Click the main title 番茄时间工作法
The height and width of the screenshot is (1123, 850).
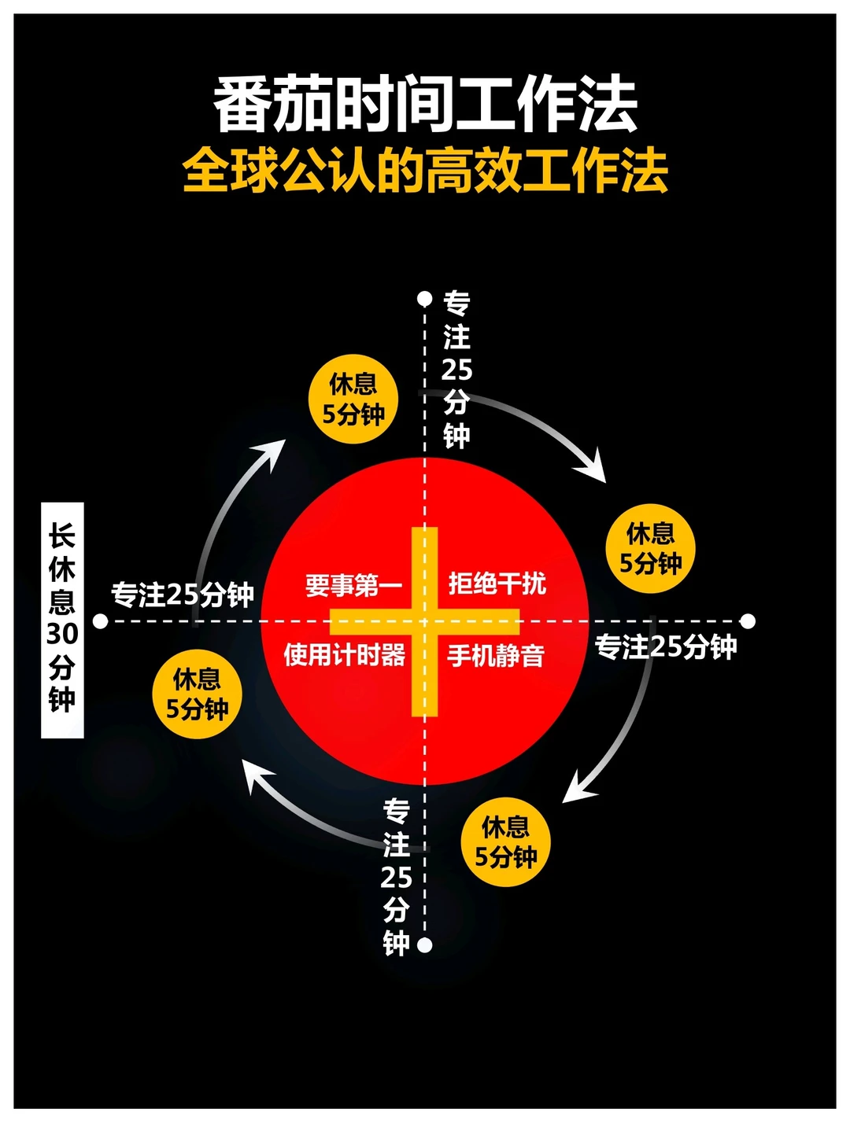(425, 105)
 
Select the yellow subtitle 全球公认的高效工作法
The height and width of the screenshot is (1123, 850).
(425, 171)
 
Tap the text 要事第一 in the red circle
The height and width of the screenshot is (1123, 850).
(353, 585)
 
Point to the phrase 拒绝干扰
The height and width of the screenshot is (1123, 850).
(497, 584)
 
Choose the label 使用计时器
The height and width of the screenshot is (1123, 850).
(345, 654)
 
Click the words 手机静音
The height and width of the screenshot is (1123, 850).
(496, 655)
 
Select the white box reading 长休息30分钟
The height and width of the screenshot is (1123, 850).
(62, 620)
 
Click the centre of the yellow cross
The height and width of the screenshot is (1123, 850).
(425, 621)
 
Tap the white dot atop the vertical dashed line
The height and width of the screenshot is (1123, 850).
(425, 298)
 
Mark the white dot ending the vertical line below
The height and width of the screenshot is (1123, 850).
(425, 944)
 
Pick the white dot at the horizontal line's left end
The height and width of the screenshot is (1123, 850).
(100, 621)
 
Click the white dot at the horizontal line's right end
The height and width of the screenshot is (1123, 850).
(748, 621)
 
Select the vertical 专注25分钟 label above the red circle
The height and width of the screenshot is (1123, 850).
(456, 370)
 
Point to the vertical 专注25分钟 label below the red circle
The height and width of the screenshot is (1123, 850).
(396, 877)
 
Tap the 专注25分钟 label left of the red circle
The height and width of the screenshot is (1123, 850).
(182, 595)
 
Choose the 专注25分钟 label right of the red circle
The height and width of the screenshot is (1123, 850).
(666, 646)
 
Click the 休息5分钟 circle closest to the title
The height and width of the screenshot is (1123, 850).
(353, 399)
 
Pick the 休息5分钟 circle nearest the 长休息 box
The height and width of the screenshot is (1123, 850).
(197, 694)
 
